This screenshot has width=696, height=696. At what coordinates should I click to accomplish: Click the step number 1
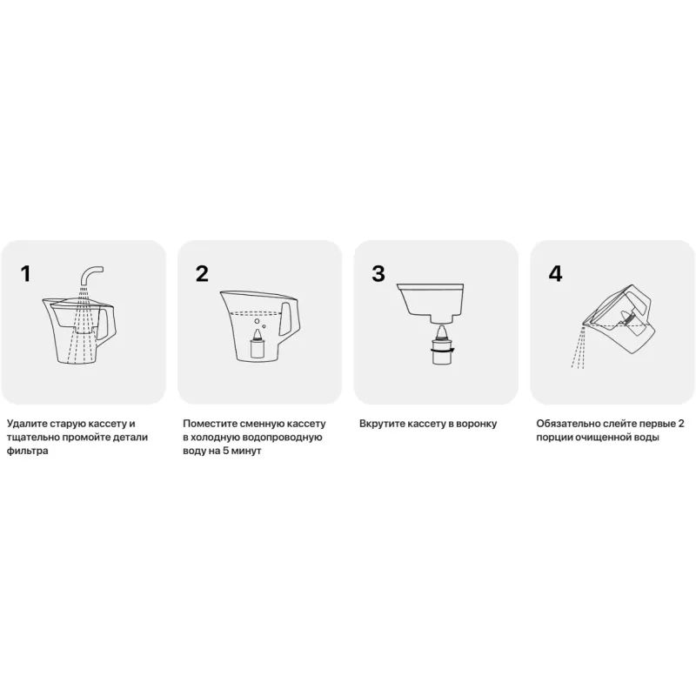26,273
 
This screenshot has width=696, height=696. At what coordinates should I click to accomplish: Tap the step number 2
202,273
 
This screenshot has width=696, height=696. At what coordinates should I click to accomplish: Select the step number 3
378,273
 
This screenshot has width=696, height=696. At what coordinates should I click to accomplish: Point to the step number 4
555,273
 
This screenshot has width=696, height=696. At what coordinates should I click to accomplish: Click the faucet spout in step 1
91,276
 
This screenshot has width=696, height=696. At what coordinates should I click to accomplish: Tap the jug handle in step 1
108,324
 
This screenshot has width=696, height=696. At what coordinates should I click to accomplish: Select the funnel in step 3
431,303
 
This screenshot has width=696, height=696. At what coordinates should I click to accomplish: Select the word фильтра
28,451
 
